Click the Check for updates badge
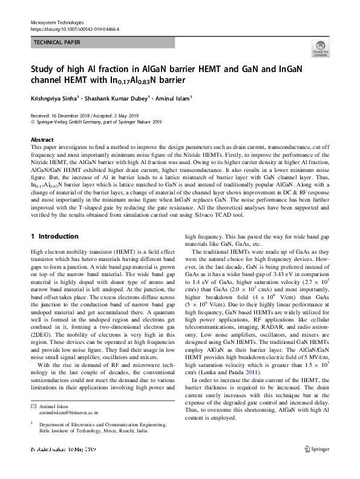pyautogui.click(x=320, y=50)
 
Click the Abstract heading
pyautogui.click(x=42, y=140)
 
